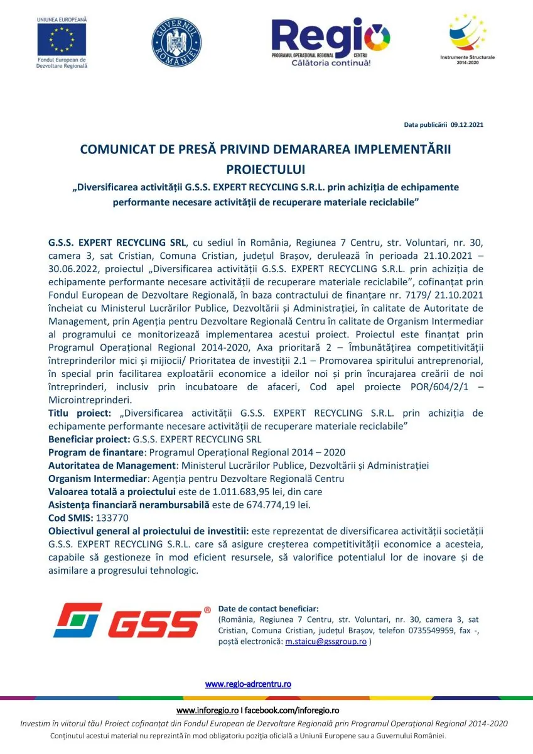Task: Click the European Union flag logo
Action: point(62,40)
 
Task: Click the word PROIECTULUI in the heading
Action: point(266,170)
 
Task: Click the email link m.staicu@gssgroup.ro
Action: point(326,642)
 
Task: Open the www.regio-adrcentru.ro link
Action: point(248,684)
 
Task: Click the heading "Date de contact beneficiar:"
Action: point(268,609)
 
